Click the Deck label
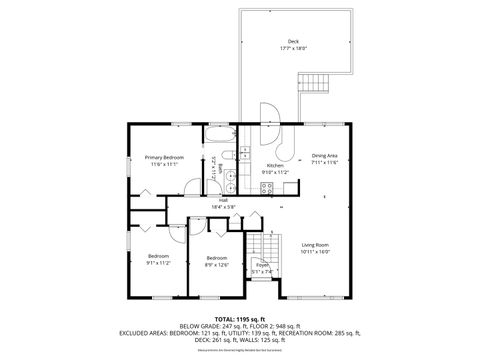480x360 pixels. coord(293,41)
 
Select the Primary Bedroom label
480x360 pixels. coord(163,157)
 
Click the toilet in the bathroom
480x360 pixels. coord(229,155)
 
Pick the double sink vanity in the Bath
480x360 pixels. coord(230,181)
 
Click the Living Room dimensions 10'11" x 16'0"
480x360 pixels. coord(317,251)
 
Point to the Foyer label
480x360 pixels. coord(262,265)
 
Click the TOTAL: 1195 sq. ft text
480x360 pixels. coord(239,318)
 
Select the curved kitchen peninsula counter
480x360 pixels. coord(286,150)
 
